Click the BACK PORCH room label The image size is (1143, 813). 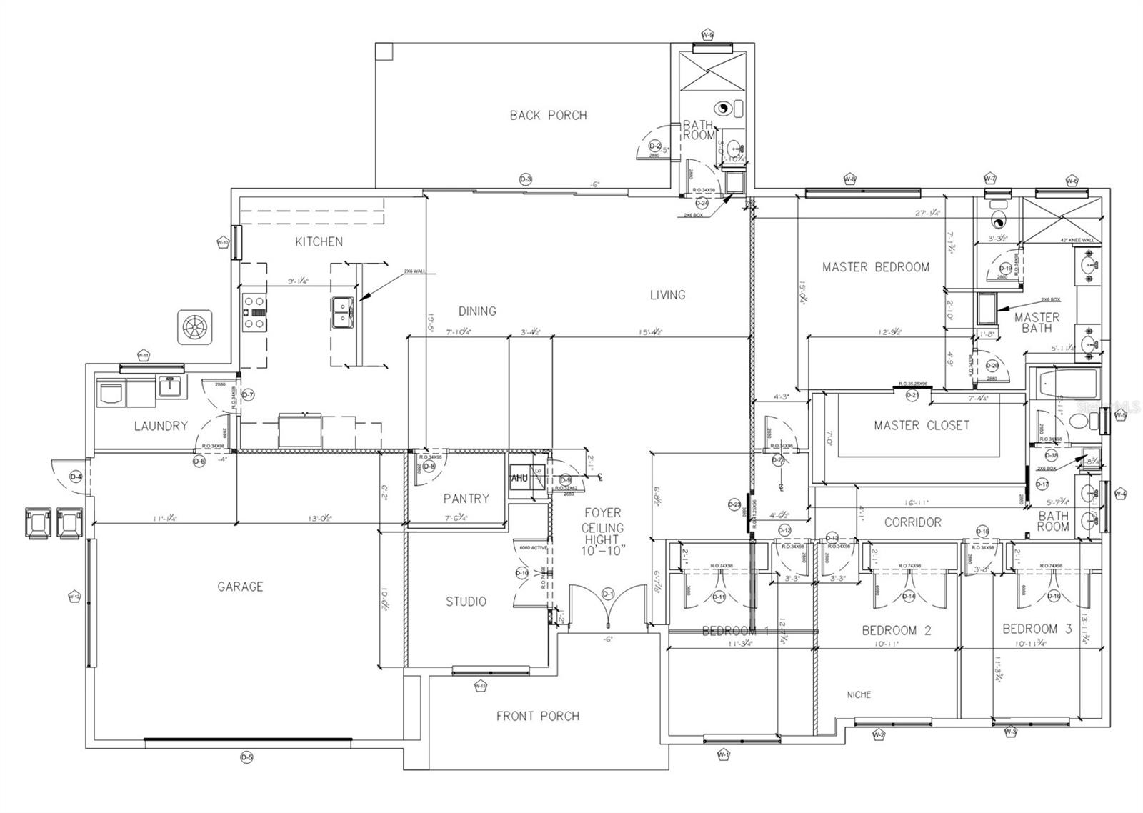[548, 115]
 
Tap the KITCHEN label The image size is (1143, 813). [319, 241]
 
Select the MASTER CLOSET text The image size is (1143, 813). [922, 425]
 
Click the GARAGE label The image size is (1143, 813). [240, 587]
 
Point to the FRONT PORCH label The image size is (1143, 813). [537, 716]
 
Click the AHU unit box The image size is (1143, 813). [519, 478]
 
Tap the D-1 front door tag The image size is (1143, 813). [608, 593]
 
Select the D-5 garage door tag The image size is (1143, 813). [246, 758]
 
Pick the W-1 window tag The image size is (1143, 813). [724, 754]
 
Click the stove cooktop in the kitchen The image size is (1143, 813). [254, 311]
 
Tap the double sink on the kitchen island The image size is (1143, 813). [342, 311]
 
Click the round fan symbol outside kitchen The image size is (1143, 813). [194, 328]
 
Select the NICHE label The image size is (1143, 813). [859, 694]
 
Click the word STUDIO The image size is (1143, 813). [466, 602]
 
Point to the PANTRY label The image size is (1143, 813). [466, 499]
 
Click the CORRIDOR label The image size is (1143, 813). [912, 522]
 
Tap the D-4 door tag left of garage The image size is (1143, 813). [74, 477]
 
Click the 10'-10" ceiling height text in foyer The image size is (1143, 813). [603, 550]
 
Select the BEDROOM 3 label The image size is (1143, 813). [1037, 629]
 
